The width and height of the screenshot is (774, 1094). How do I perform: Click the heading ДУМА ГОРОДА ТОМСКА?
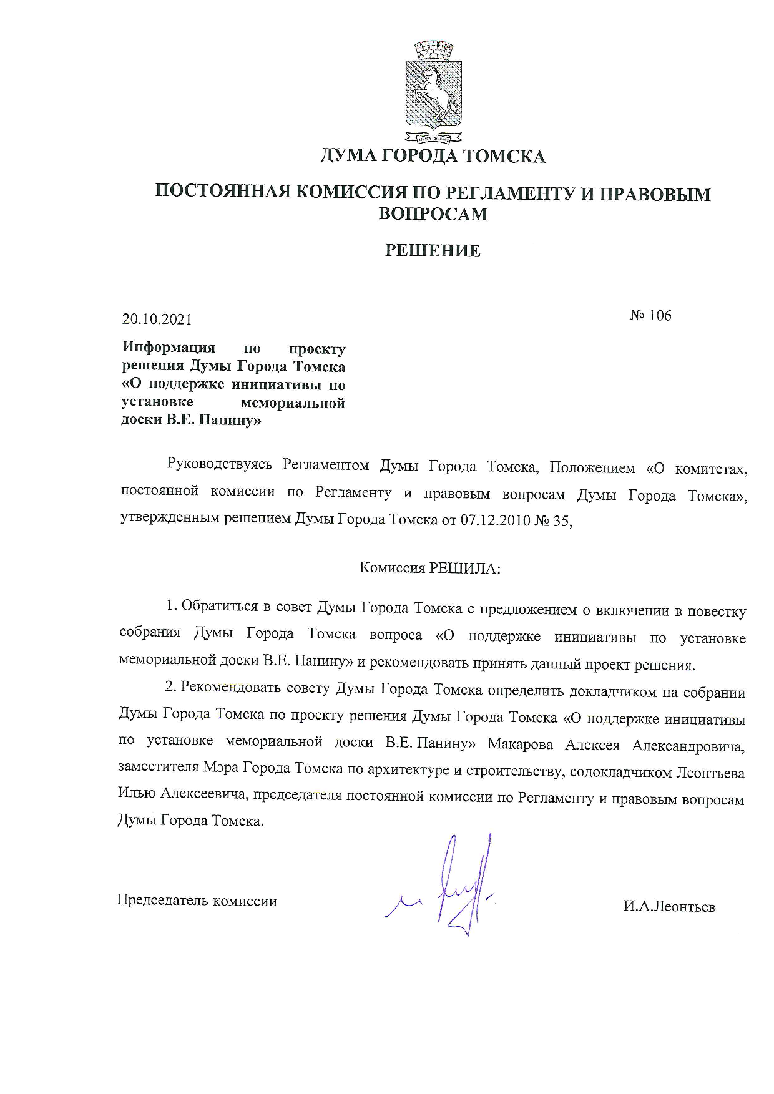pos(433,156)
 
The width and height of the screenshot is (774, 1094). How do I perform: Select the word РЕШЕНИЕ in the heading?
pos(433,251)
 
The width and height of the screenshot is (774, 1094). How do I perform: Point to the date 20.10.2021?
pos(157,320)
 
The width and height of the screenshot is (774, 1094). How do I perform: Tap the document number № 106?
pos(650,316)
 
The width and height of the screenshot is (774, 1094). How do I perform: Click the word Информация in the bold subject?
pos(169,347)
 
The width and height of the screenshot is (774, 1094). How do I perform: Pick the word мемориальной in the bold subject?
pos(293,403)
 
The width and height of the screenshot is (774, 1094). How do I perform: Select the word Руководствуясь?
pos(220,465)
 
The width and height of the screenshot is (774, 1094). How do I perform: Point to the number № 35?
pos(552,520)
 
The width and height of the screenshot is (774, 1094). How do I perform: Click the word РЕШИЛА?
pos(463,568)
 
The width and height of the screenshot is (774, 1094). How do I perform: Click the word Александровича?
pos(688,746)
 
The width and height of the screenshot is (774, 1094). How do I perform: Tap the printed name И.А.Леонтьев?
pos(669,907)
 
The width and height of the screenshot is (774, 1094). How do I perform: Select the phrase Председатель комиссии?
pos(197,901)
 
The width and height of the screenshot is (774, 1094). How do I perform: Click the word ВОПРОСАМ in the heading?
pos(433,214)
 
